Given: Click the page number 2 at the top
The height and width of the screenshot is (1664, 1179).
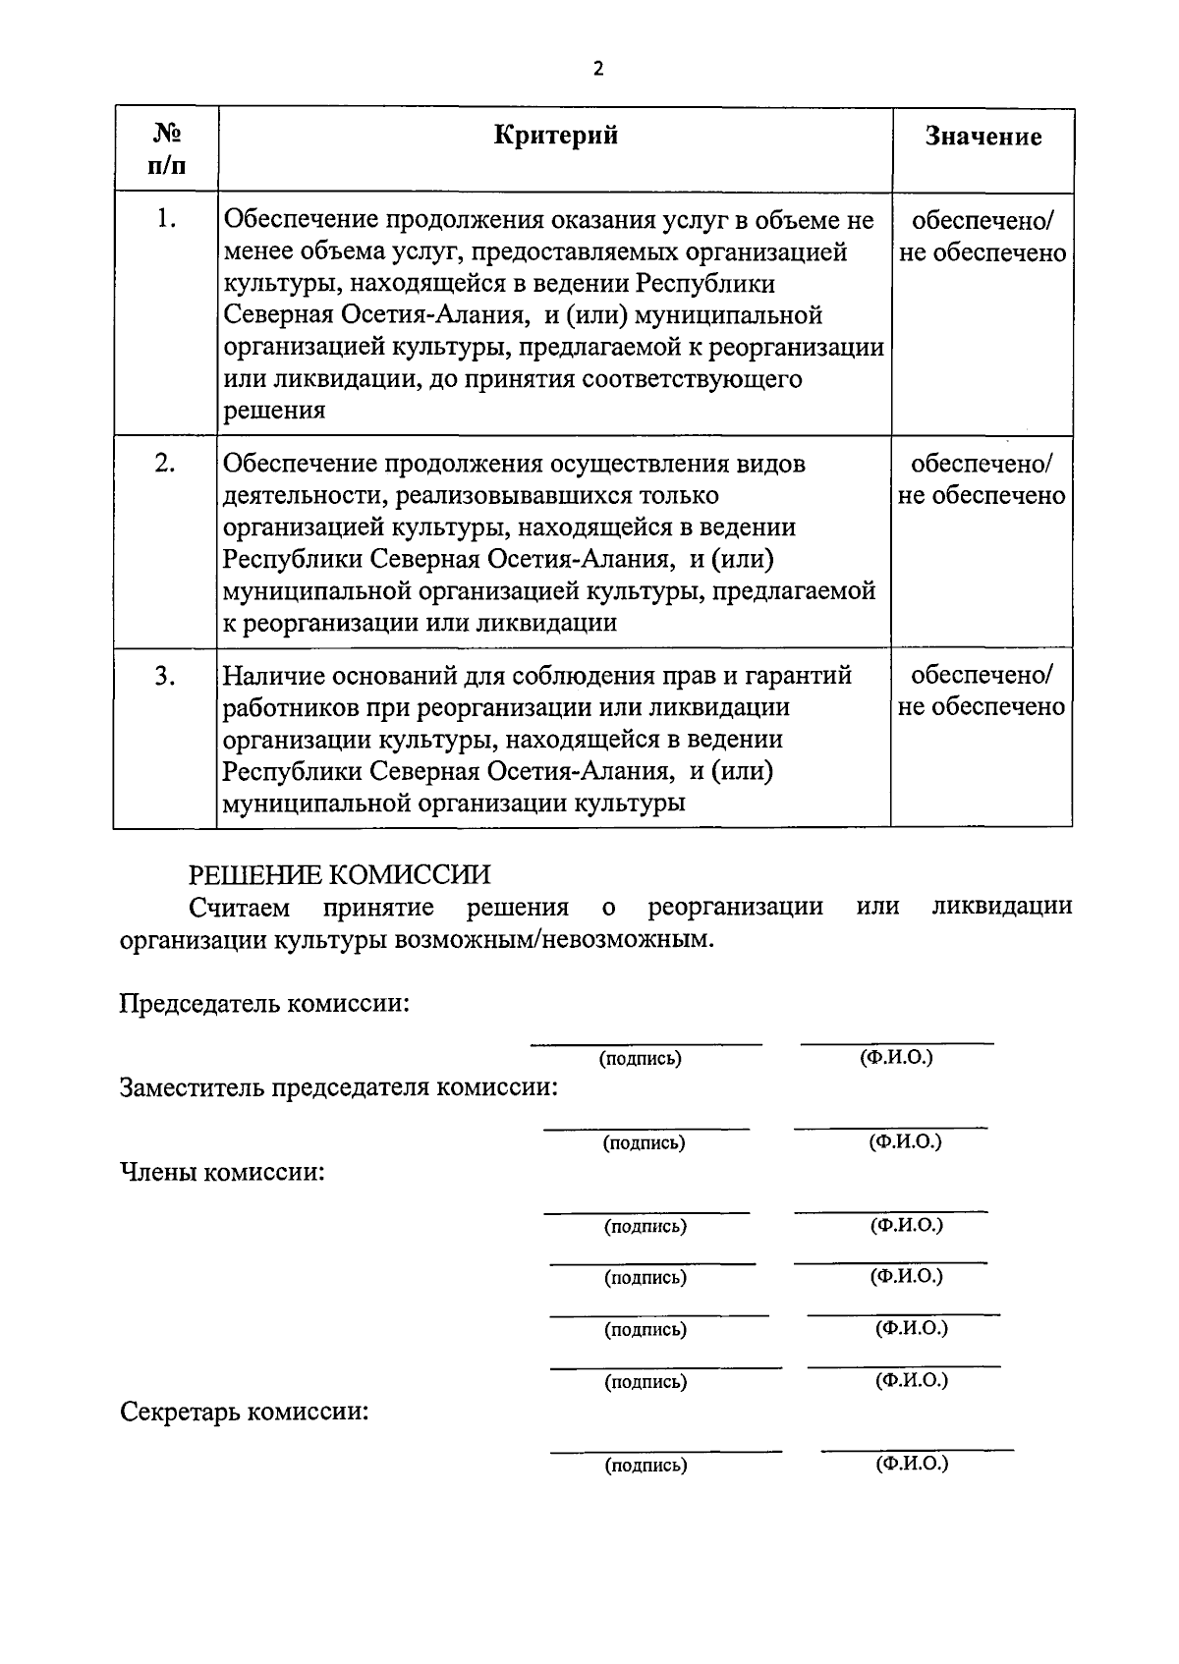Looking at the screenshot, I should (x=597, y=68).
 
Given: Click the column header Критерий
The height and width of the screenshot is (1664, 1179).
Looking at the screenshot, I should (x=555, y=135).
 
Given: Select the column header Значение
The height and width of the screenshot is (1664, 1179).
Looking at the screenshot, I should (x=982, y=137).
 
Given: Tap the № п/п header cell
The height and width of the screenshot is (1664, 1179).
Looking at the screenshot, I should (x=166, y=148).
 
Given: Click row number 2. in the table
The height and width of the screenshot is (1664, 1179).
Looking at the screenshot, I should (x=165, y=463).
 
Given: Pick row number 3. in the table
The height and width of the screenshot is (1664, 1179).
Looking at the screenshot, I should (x=165, y=676).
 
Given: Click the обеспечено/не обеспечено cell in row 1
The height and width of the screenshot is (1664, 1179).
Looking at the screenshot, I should (x=982, y=237).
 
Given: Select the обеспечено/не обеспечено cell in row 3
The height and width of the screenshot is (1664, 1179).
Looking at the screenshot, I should (x=982, y=692).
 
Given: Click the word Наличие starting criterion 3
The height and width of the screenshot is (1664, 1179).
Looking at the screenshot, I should (x=270, y=676).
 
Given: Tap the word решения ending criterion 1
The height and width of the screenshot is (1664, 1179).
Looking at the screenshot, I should (x=274, y=411).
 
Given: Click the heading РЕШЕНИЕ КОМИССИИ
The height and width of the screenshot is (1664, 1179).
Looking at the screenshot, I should (x=340, y=873).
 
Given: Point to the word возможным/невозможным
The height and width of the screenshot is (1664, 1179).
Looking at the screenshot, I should (x=549, y=938).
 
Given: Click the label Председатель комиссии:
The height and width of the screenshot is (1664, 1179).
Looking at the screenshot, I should (x=264, y=1004).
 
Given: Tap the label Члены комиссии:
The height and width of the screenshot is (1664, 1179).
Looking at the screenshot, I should (x=222, y=1172).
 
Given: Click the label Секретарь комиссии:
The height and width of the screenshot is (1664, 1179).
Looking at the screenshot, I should (x=245, y=1413).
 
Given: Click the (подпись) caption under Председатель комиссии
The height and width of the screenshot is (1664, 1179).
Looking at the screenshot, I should (x=640, y=1059).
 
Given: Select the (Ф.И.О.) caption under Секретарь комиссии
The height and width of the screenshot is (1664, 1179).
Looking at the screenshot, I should (x=912, y=1464).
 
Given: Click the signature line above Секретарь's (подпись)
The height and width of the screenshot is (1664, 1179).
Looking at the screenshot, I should (x=666, y=1450).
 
